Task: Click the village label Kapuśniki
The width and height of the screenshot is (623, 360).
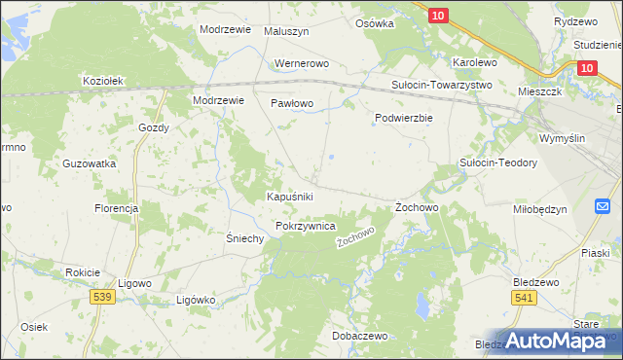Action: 289,197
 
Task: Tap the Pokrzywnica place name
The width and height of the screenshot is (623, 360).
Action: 306,226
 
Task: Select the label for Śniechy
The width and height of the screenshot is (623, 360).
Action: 245,239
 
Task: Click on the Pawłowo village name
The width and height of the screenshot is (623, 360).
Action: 291,102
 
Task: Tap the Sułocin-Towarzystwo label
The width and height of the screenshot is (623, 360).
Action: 442,85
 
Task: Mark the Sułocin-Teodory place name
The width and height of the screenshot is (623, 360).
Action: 498,163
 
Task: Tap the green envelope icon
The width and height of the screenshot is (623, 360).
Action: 604,205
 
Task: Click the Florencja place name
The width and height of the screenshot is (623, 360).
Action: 116,209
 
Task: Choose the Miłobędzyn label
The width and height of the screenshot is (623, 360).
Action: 539,209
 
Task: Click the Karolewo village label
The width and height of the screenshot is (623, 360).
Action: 475,62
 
